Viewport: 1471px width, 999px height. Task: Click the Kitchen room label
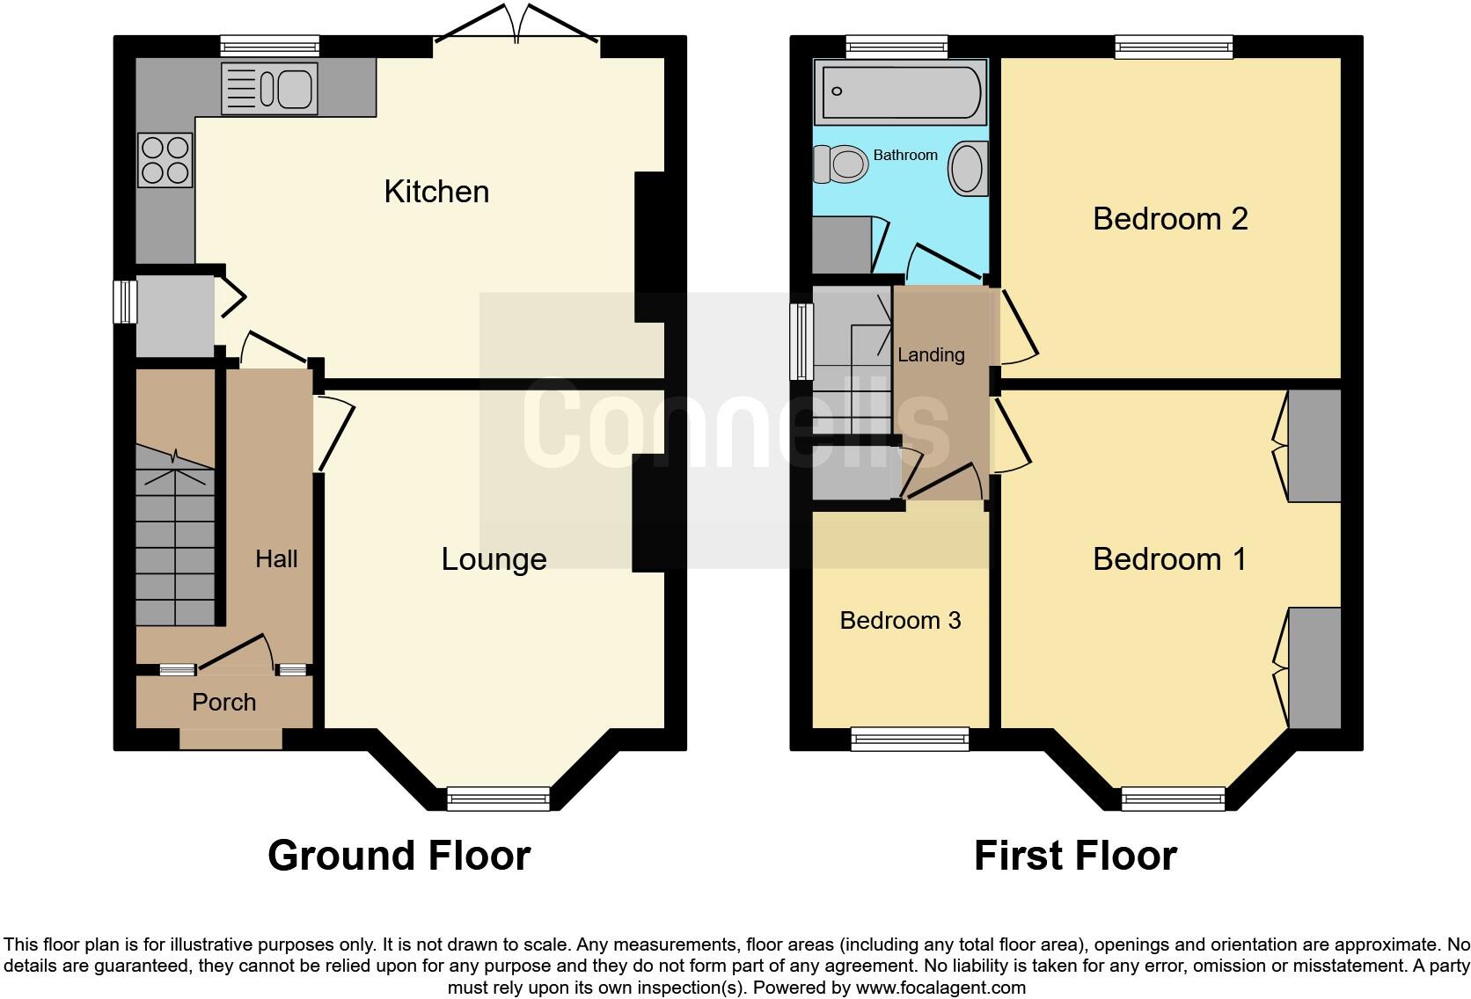(436, 192)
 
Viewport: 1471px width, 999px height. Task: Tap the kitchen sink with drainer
(269, 89)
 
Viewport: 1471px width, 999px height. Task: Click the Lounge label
(494, 559)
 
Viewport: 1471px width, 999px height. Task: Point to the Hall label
(276, 559)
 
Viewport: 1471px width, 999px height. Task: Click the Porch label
(224, 702)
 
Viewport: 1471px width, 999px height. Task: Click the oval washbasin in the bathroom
(968, 168)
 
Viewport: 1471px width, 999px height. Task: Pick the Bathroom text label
(905, 155)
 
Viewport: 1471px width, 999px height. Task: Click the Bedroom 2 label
(1170, 218)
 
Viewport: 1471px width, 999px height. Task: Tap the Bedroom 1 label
(1169, 559)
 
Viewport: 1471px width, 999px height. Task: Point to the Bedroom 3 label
(900, 621)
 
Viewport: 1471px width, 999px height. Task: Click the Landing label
(931, 354)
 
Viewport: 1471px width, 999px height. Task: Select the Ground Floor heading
(399, 855)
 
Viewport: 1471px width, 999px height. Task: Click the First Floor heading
(1075, 855)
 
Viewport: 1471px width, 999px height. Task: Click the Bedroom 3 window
(910, 739)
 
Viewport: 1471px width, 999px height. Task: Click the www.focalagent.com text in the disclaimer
(940, 988)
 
